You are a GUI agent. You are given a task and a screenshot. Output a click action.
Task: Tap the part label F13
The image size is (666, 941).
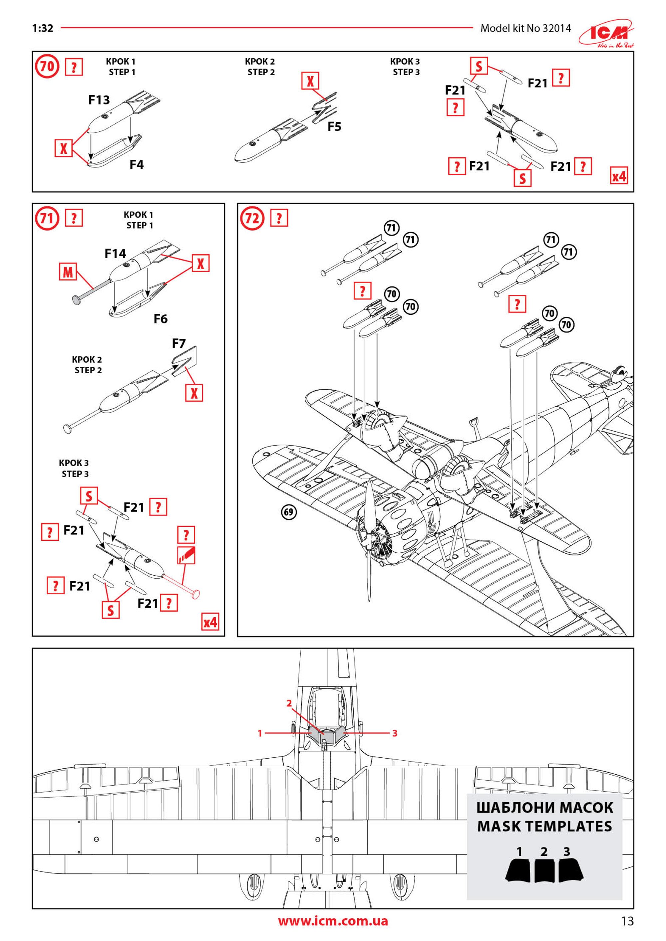tap(99, 100)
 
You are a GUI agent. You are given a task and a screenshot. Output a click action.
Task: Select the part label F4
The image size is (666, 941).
tap(137, 165)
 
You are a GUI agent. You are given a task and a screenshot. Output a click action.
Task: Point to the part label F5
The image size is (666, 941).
tap(334, 127)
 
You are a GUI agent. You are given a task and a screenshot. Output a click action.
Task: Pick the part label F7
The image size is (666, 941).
tap(179, 343)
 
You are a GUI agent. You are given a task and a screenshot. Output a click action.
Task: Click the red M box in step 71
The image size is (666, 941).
tap(68, 272)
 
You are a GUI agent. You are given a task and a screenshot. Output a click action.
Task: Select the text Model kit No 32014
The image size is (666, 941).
tap(525, 28)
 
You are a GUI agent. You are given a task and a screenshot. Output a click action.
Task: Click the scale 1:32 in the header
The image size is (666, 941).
tap(43, 28)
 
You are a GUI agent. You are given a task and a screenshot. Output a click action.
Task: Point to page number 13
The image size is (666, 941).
tap(627, 921)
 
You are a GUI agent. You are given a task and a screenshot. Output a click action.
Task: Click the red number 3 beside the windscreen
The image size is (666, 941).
tap(395, 733)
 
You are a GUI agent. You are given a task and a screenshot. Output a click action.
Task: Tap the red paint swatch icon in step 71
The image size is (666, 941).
tap(186, 555)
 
